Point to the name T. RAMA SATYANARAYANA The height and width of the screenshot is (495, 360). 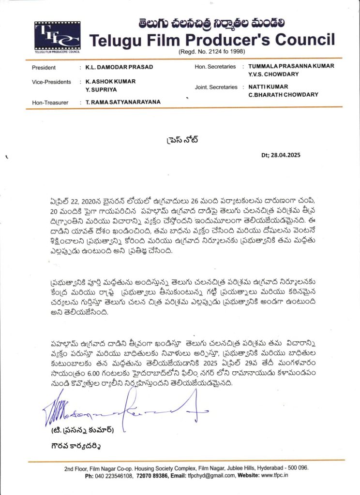123,102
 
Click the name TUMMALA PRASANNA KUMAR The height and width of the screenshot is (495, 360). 291,66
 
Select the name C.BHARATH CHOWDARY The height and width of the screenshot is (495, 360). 283,95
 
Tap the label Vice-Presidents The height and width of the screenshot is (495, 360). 51,82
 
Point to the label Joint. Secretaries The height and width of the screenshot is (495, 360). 216,87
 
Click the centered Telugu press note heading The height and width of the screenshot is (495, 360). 180,141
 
